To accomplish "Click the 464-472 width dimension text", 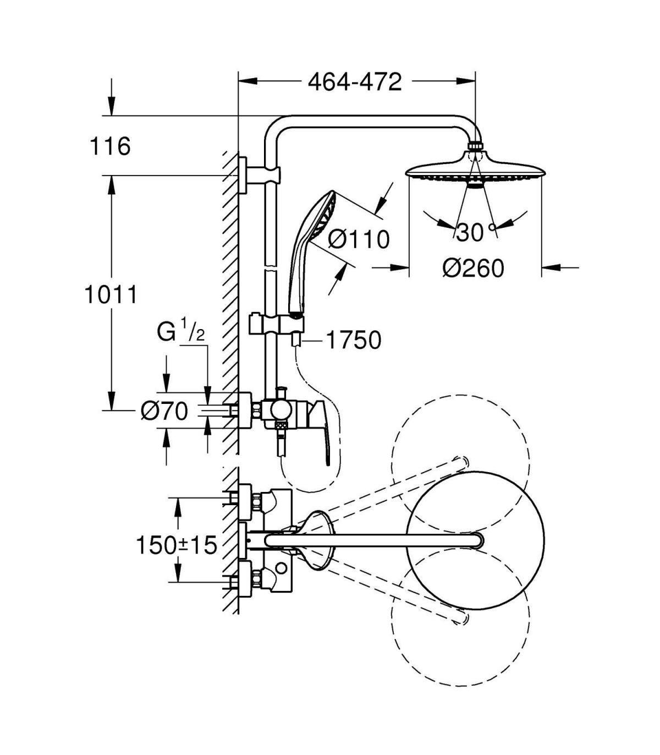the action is tap(355, 82).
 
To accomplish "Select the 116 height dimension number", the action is tap(110, 146).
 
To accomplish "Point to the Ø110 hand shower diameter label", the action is tap(359, 239).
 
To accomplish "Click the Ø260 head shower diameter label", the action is tap(473, 268).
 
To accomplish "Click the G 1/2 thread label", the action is tap(180, 332).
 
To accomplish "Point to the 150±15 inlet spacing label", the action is tap(177, 545).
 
